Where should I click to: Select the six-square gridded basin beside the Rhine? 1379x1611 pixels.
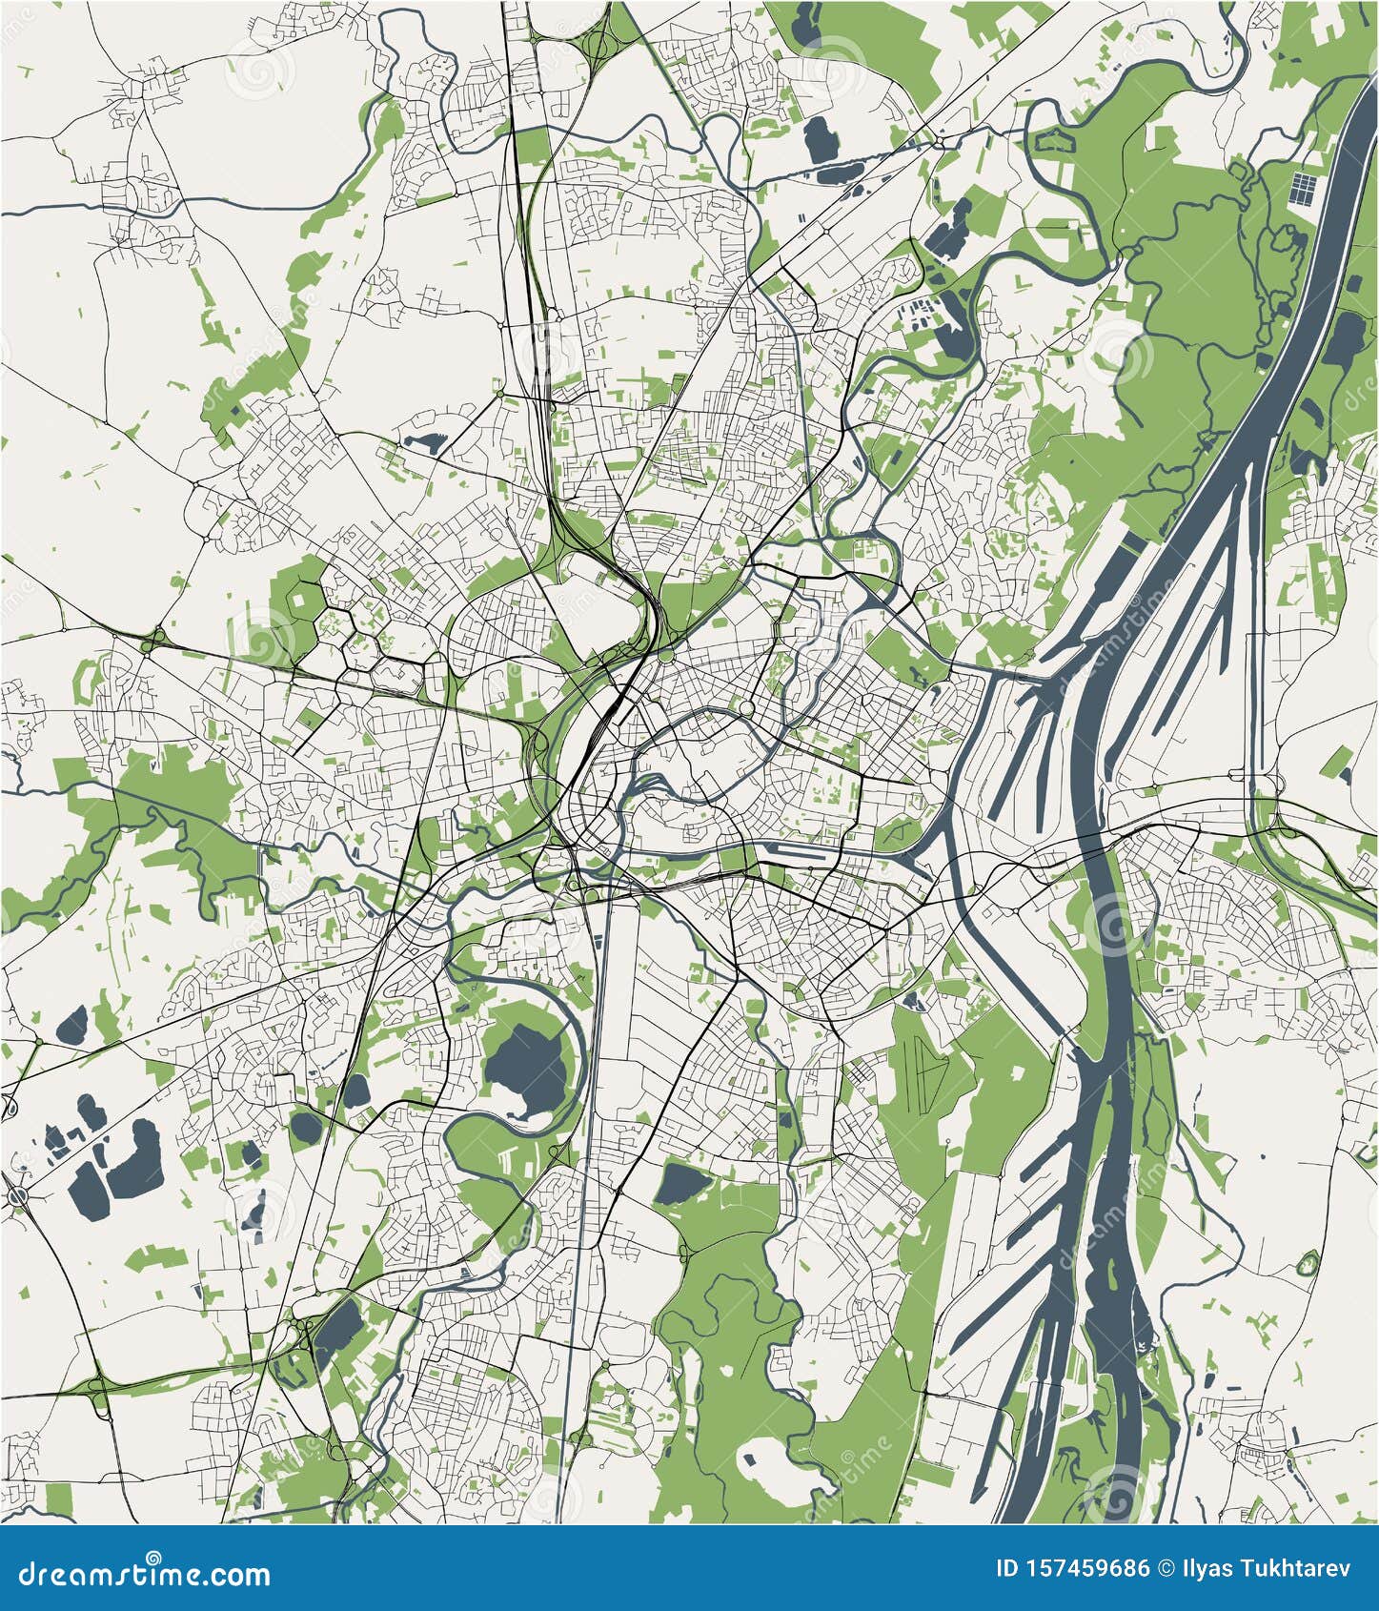(1303, 187)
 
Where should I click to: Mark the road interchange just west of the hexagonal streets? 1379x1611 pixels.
(154, 638)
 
